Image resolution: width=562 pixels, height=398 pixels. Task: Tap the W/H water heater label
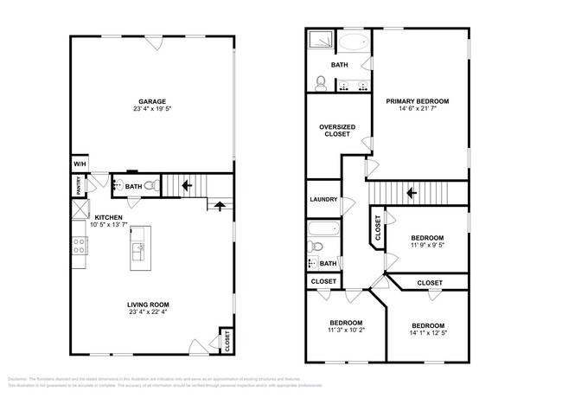[79, 164]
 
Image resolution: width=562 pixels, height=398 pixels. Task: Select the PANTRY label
[78, 185]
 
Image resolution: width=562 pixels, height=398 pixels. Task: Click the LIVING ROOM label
[149, 305]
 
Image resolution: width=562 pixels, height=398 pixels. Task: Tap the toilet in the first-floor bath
[149, 185]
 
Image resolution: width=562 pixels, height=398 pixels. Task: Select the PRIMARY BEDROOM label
[417, 101]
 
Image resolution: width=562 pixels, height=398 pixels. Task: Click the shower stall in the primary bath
[317, 40]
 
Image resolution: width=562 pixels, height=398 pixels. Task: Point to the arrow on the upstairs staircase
[412, 193]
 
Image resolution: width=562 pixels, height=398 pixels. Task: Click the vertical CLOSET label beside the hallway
[378, 227]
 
